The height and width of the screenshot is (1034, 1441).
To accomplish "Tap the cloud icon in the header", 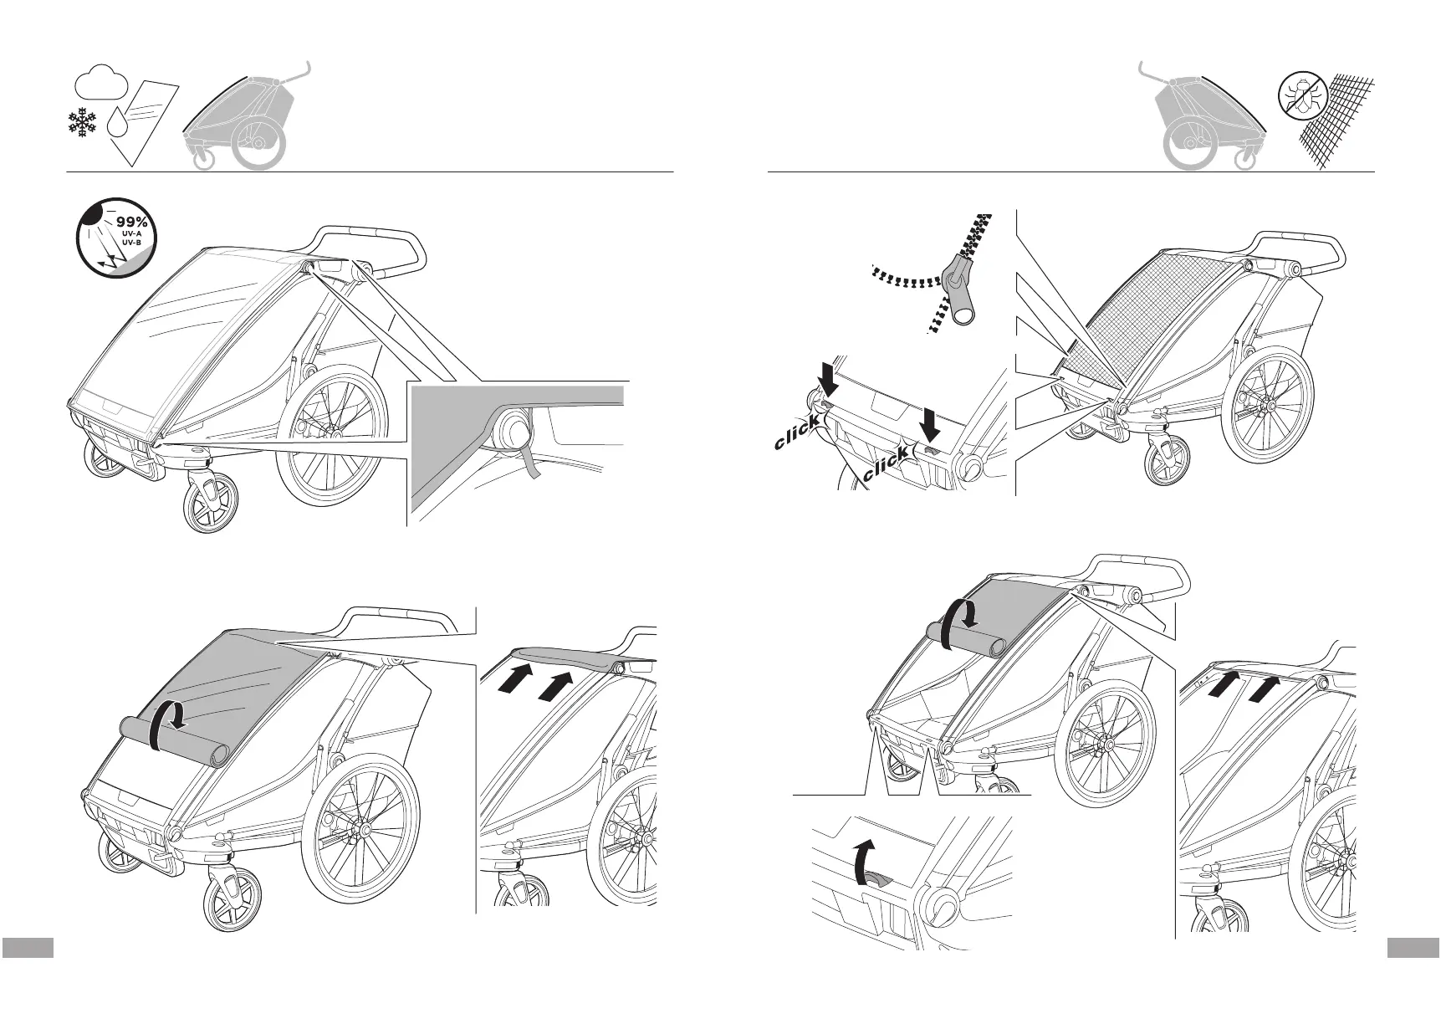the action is [x=100, y=82].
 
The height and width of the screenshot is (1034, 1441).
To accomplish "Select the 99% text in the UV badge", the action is [x=131, y=222].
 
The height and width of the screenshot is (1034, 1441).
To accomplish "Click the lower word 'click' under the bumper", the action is [x=886, y=465].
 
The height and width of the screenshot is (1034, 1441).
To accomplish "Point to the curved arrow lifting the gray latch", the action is [x=860, y=858].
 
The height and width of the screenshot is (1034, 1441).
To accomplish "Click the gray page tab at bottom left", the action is [x=27, y=947].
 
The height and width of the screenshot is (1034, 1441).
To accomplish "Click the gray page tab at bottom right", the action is [x=1413, y=947].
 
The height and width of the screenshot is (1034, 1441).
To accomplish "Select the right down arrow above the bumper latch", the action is [x=930, y=423].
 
